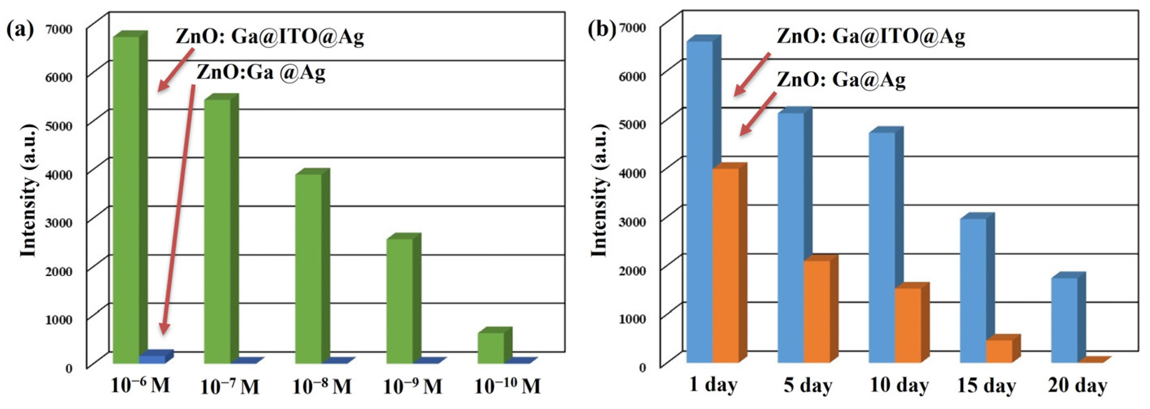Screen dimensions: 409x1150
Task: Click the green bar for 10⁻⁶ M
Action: click(127, 201)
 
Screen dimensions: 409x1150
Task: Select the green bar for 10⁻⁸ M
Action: click(308, 268)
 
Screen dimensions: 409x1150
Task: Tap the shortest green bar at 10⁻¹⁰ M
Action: click(491, 347)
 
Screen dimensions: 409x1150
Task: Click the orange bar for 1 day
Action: click(725, 265)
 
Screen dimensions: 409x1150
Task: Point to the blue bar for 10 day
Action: click(882, 248)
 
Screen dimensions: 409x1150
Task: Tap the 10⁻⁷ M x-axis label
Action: click(230, 386)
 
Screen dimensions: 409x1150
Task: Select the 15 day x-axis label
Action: click(986, 386)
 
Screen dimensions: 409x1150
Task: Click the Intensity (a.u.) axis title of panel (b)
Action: click(599, 191)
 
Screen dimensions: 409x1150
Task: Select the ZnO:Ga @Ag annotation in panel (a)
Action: click(261, 72)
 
